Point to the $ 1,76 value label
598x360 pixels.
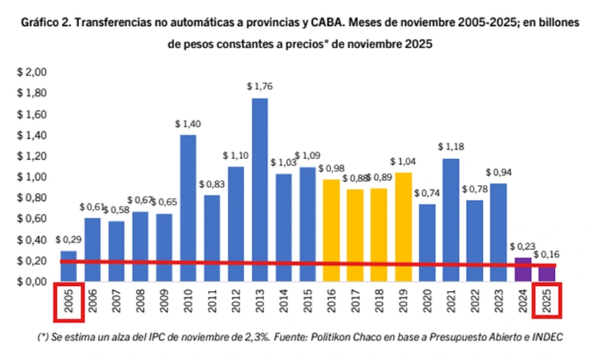click(x=260, y=86)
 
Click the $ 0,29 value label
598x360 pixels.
click(x=68, y=240)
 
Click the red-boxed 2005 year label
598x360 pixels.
click(x=68, y=303)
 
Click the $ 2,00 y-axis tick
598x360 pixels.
click(x=32, y=73)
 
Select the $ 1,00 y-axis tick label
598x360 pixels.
click(x=32, y=177)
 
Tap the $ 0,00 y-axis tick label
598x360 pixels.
click(x=32, y=282)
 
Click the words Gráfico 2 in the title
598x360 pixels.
click(x=44, y=22)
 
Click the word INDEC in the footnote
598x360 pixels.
click(x=545, y=337)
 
